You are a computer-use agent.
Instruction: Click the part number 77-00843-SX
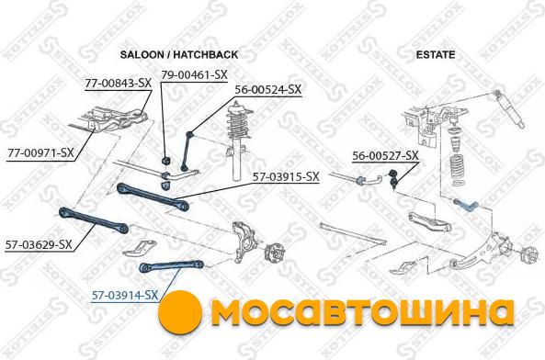[x=119, y=83]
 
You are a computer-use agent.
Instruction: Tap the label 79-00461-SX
[x=194, y=74]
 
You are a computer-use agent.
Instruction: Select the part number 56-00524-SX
[x=268, y=89]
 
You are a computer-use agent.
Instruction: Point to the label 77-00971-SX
[x=40, y=152]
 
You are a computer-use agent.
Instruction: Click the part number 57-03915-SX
[x=285, y=176]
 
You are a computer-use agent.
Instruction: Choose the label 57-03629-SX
[x=39, y=244]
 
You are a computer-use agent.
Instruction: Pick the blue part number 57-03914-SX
[x=125, y=295]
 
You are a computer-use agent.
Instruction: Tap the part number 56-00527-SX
[x=385, y=156]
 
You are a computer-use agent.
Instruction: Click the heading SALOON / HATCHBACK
[x=179, y=54]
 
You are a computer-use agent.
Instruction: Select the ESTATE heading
[x=436, y=54]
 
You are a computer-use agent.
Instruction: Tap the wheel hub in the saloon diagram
[x=274, y=255]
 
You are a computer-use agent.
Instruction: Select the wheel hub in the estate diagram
[x=528, y=258]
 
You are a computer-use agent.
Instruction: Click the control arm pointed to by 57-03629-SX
[x=94, y=219]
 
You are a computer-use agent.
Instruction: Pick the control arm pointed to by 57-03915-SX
[x=153, y=197]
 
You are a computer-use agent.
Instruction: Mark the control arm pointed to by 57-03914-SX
[x=171, y=266]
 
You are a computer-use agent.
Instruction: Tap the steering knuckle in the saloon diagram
[x=244, y=242]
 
